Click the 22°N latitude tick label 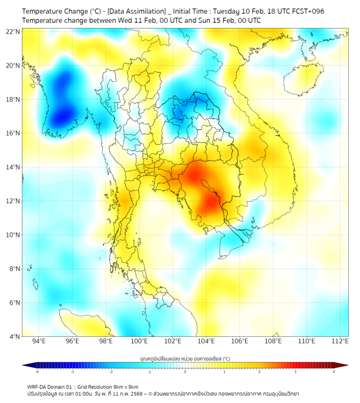(x=13, y=31)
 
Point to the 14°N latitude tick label (x=13, y=167)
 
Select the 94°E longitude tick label (x=39, y=341)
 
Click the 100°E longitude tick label (x=139, y=341)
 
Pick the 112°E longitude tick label (x=340, y=341)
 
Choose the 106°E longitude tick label (x=240, y=341)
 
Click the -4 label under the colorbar (x=37, y=372)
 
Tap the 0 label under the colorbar (x=185, y=372)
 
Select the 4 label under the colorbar (x=333, y=372)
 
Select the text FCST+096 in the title (x=308, y=11)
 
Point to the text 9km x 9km (x=125, y=386)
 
